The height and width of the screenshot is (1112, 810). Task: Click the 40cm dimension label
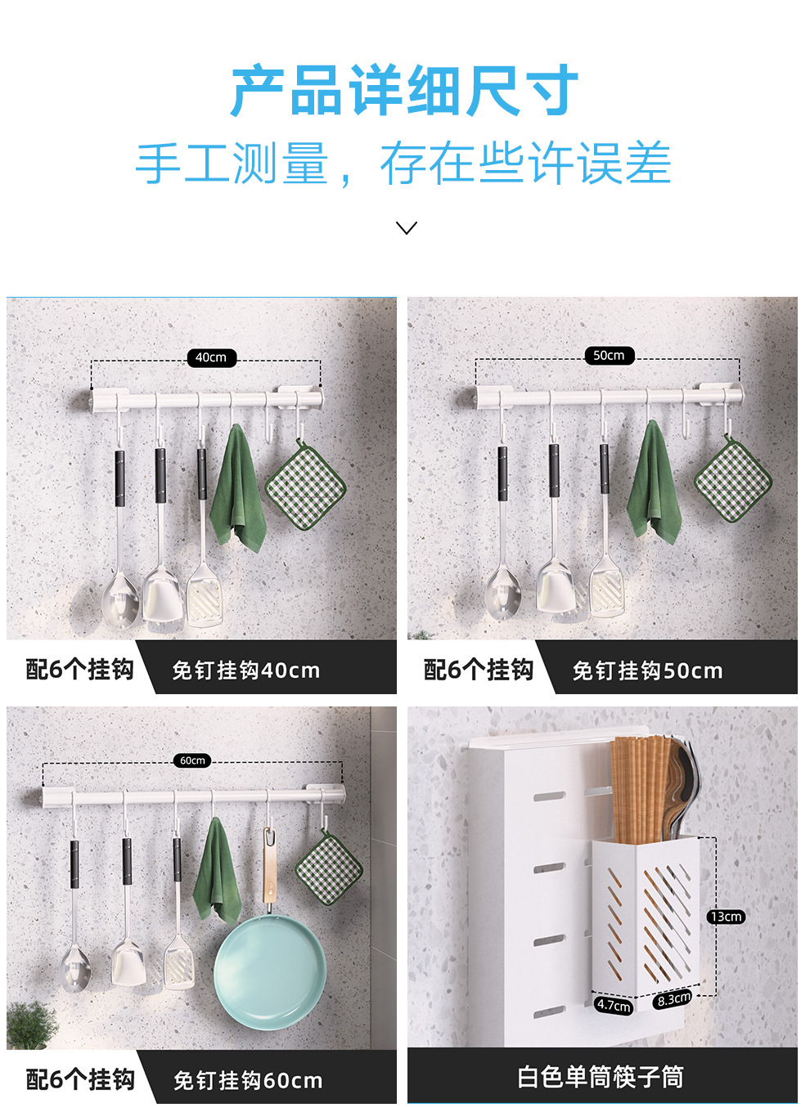click(x=212, y=357)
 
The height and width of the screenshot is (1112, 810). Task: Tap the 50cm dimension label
click(x=610, y=356)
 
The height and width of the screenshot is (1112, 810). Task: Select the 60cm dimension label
click(x=192, y=760)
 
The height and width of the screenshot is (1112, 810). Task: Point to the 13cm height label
click(x=726, y=917)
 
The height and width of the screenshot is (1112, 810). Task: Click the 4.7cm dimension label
click(x=614, y=1005)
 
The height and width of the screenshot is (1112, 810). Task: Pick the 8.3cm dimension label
click(x=674, y=998)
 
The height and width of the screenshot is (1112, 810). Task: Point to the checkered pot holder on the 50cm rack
click(x=733, y=478)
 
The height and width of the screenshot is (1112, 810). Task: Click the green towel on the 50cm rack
click(x=654, y=482)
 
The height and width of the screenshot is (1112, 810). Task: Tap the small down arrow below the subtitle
click(x=407, y=228)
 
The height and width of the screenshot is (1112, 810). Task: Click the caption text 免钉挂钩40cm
click(x=246, y=670)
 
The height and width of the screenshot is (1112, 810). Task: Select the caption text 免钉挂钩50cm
click(x=648, y=670)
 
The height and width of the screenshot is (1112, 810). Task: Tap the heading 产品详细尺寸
click(x=405, y=90)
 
